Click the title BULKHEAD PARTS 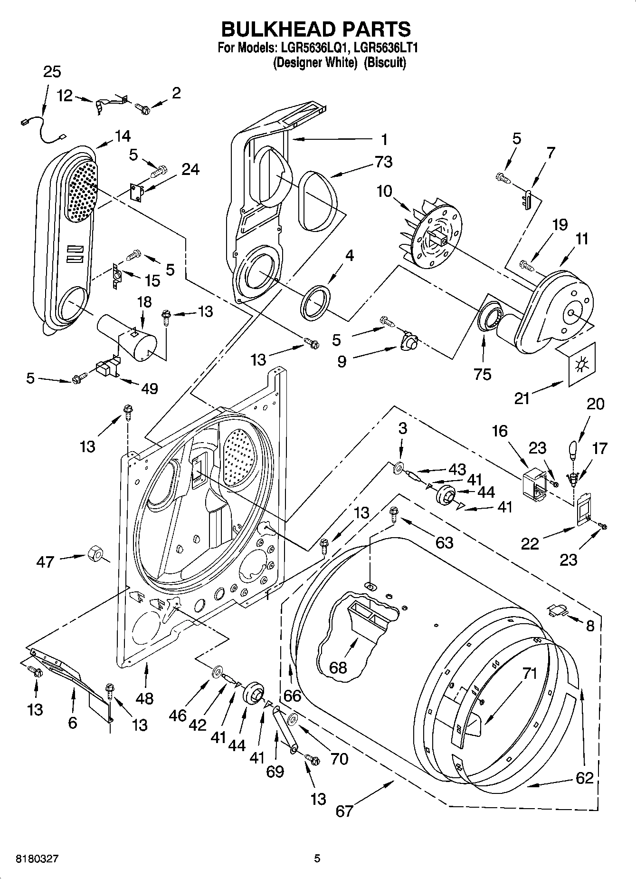316,29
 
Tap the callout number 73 383,162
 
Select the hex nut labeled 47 95,554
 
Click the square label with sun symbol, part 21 580,365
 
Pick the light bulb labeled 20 573,449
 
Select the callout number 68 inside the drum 338,667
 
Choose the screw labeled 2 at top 142,109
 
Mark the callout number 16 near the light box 500,432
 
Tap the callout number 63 444,542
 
